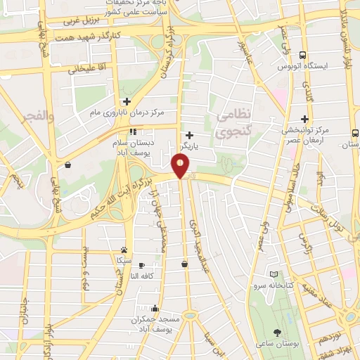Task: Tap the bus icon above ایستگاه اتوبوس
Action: tap(303, 55)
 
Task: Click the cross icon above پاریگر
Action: tap(189, 135)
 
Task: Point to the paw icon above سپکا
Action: tap(124, 250)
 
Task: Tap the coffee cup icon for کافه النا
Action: tap(143, 265)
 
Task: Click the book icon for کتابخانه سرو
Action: tap(274, 274)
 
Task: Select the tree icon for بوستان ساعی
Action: tap(279, 331)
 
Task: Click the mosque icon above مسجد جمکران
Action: tap(155, 308)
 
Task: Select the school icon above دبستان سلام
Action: tap(132, 131)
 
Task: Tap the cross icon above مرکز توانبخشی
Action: tap(305, 120)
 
